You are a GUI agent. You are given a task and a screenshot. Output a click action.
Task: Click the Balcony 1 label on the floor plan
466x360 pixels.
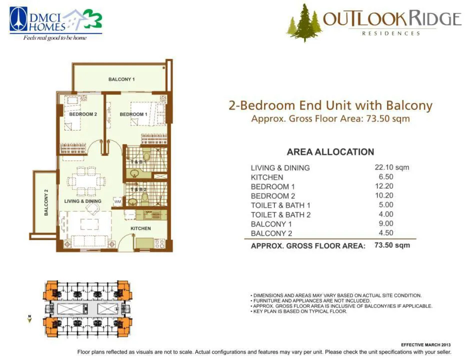click(x=121, y=79)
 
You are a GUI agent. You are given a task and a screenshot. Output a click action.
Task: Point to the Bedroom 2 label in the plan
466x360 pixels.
click(x=83, y=114)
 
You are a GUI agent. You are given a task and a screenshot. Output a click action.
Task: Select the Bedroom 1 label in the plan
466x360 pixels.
click(x=133, y=114)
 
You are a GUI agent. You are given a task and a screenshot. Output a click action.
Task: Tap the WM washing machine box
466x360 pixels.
click(x=117, y=201)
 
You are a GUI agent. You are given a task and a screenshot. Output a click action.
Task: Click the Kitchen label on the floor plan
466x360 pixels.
click(x=140, y=228)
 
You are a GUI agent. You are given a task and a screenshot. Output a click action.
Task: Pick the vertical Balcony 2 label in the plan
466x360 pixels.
click(x=46, y=202)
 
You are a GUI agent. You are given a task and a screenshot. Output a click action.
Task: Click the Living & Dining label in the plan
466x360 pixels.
click(x=82, y=201)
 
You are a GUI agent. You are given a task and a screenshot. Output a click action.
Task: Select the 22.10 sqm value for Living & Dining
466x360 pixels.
click(x=392, y=167)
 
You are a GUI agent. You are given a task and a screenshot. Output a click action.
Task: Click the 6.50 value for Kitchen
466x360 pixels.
click(x=386, y=177)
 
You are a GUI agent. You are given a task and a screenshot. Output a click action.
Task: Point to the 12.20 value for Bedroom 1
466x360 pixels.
click(x=384, y=186)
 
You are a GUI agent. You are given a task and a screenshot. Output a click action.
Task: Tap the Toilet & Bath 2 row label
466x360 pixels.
click(x=280, y=214)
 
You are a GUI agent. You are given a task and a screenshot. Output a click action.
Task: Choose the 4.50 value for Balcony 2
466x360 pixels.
click(x=386, y=233)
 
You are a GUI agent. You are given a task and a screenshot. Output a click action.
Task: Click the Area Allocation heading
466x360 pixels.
click(x=330, y=152)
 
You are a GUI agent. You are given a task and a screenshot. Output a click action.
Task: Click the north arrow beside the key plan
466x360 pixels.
click(x=29, y=319)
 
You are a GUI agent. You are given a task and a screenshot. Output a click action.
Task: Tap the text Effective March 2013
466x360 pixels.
click(x=426, y=345)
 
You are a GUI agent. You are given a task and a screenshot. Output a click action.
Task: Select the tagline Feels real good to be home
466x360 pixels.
click(x=55, y=38)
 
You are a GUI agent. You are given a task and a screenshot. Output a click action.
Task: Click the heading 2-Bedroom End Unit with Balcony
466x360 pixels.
click(x=330, y=105)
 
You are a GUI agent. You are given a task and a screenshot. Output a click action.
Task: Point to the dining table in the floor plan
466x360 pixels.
click(x=86, y=181)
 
